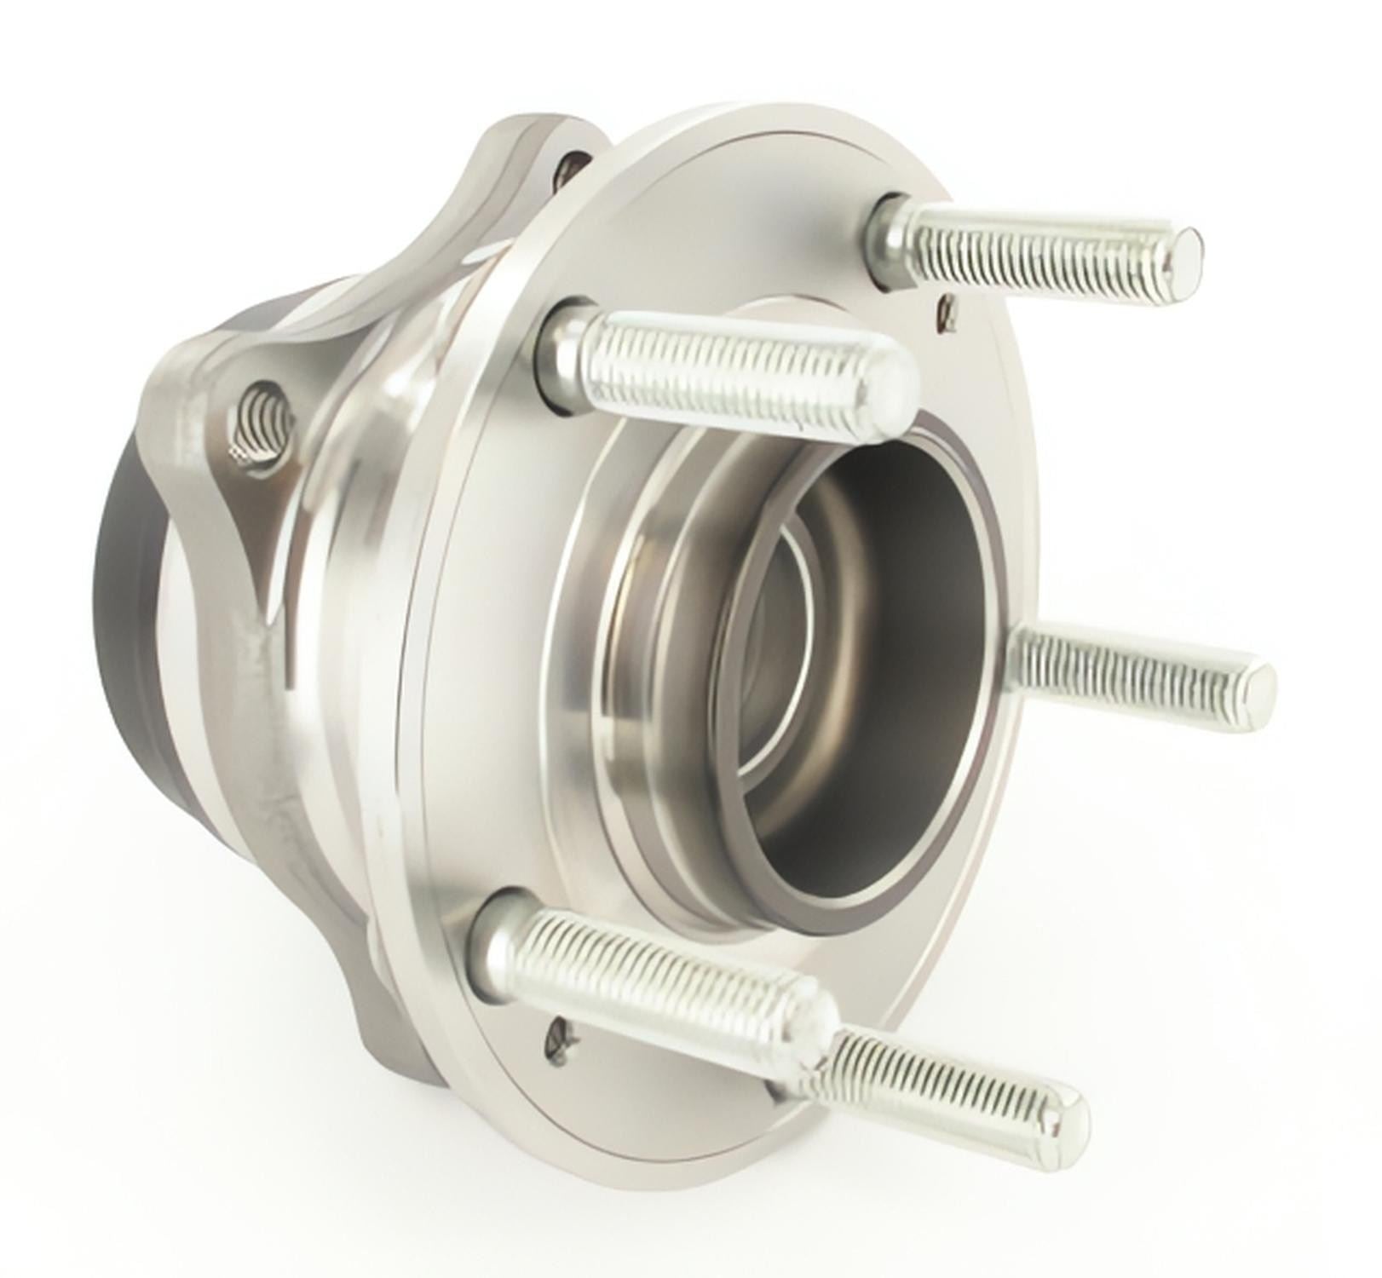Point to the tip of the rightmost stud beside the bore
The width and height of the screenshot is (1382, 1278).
1256,684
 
